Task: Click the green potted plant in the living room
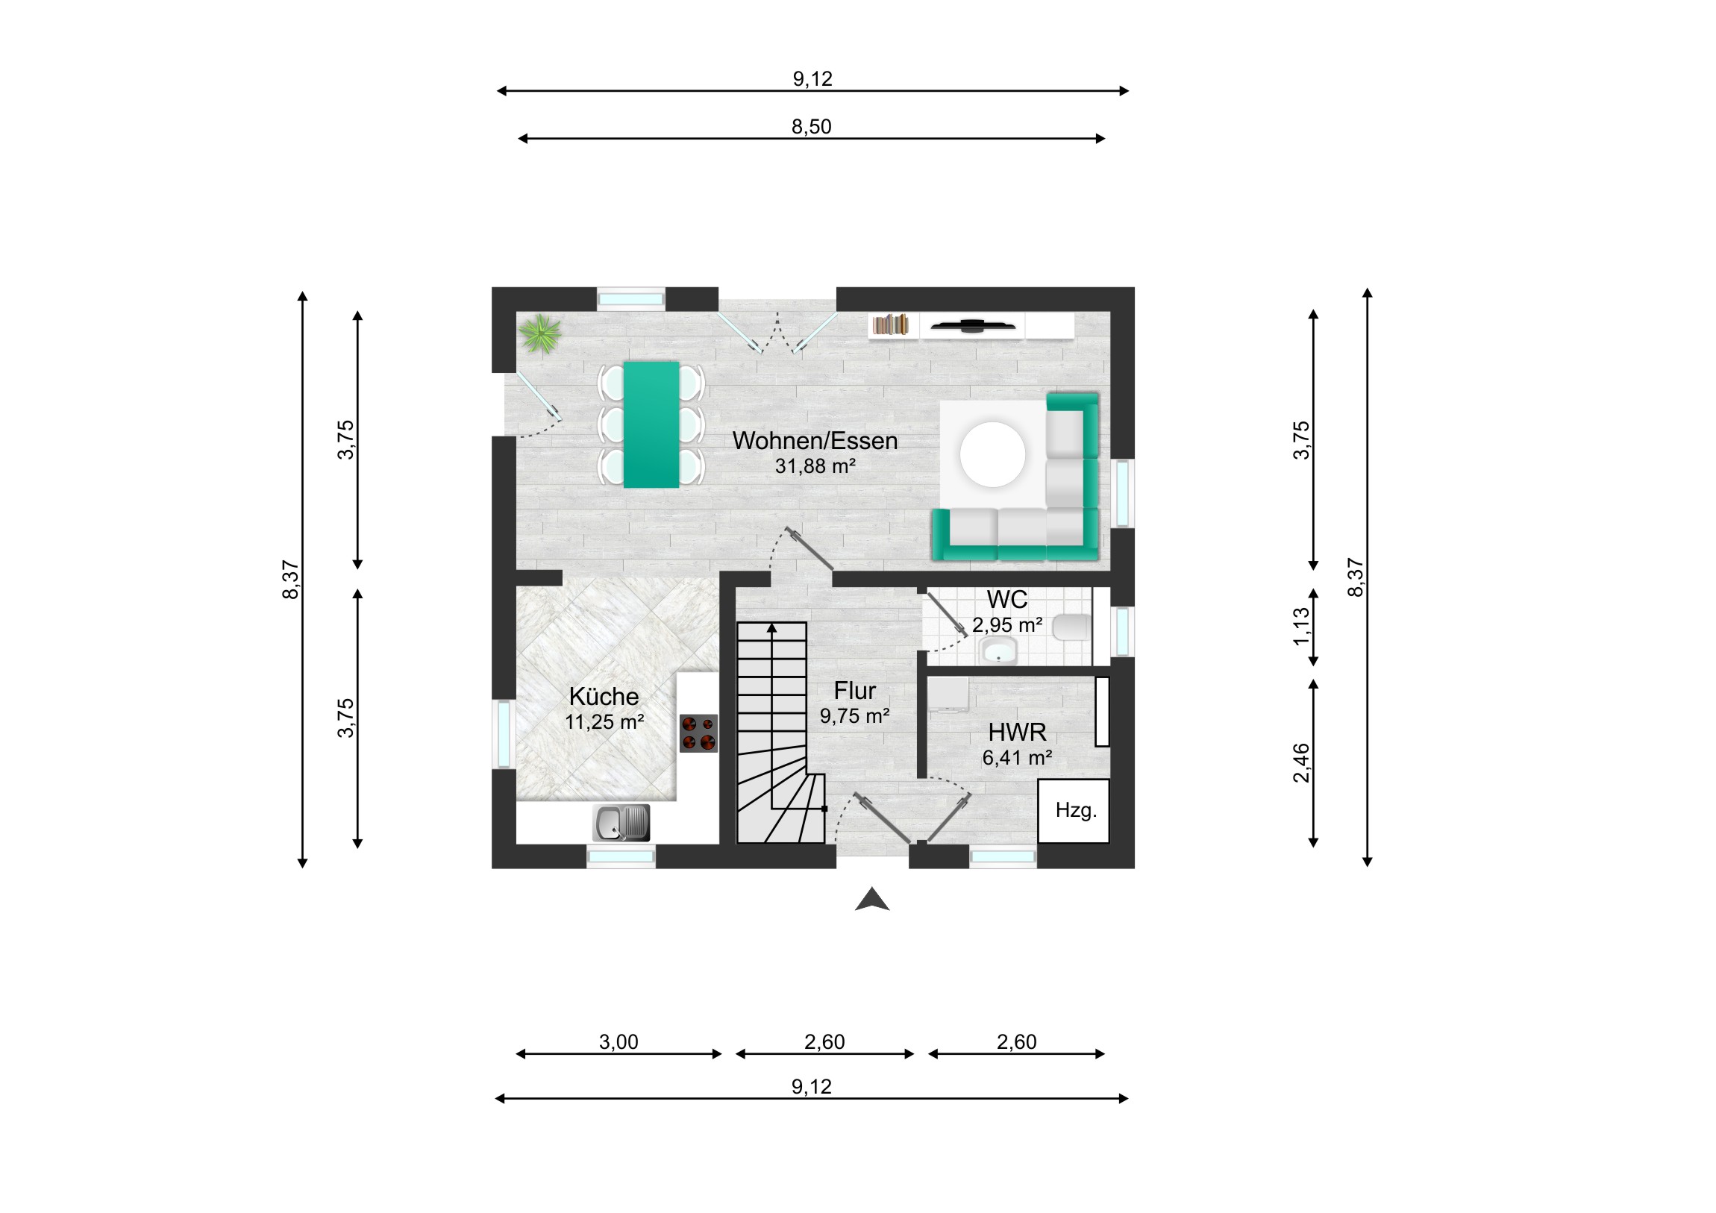[x=540, y=333]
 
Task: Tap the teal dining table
[x=651, y=424]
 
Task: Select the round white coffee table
[x=992, y=454]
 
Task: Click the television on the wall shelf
[x=971, y=325]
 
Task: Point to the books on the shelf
[x=890, y=325]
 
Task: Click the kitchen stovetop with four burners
[x=698, y=733]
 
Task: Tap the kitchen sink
[x=621, y=823]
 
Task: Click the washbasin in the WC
[x=997, y=651]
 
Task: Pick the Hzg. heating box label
[x=1076, y=810]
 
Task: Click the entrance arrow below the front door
[x=872, y=899]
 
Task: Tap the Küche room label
[x=604, y=696]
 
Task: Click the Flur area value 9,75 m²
[x=854, y=716]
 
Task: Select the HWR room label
[x=1017, y=732]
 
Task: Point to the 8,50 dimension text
[x=812, y=126]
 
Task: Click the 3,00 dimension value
[x=619, y=1041]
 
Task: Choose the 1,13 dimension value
[x=1301, y=627]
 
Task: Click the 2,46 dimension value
[x=1301, y=762]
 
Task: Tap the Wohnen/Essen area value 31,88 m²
[x=815, y=466]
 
